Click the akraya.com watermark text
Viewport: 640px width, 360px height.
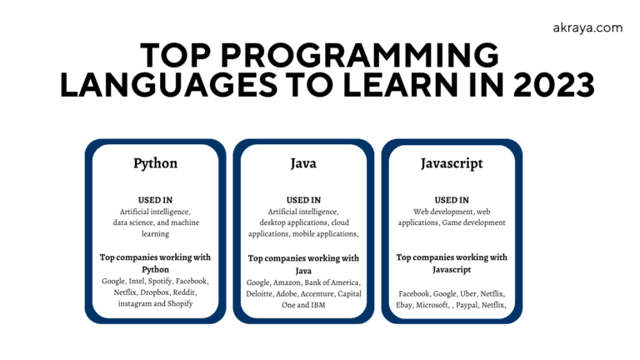click(587, 27)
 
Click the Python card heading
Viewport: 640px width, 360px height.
click(155, 163)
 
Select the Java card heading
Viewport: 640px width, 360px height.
click(303, 163)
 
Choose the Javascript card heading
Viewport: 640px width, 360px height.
click(452, 163)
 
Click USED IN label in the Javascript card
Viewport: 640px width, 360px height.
click(452, 200)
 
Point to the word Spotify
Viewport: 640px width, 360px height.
click(160, 282)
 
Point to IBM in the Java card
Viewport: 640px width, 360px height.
click(317, 305)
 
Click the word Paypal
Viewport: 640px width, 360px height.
click(472, 305)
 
